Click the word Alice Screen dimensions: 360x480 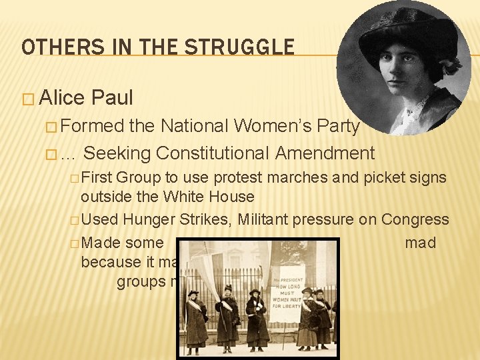point(63,98)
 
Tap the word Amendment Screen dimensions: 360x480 point(325,153)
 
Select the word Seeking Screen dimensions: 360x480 point(117,153)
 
